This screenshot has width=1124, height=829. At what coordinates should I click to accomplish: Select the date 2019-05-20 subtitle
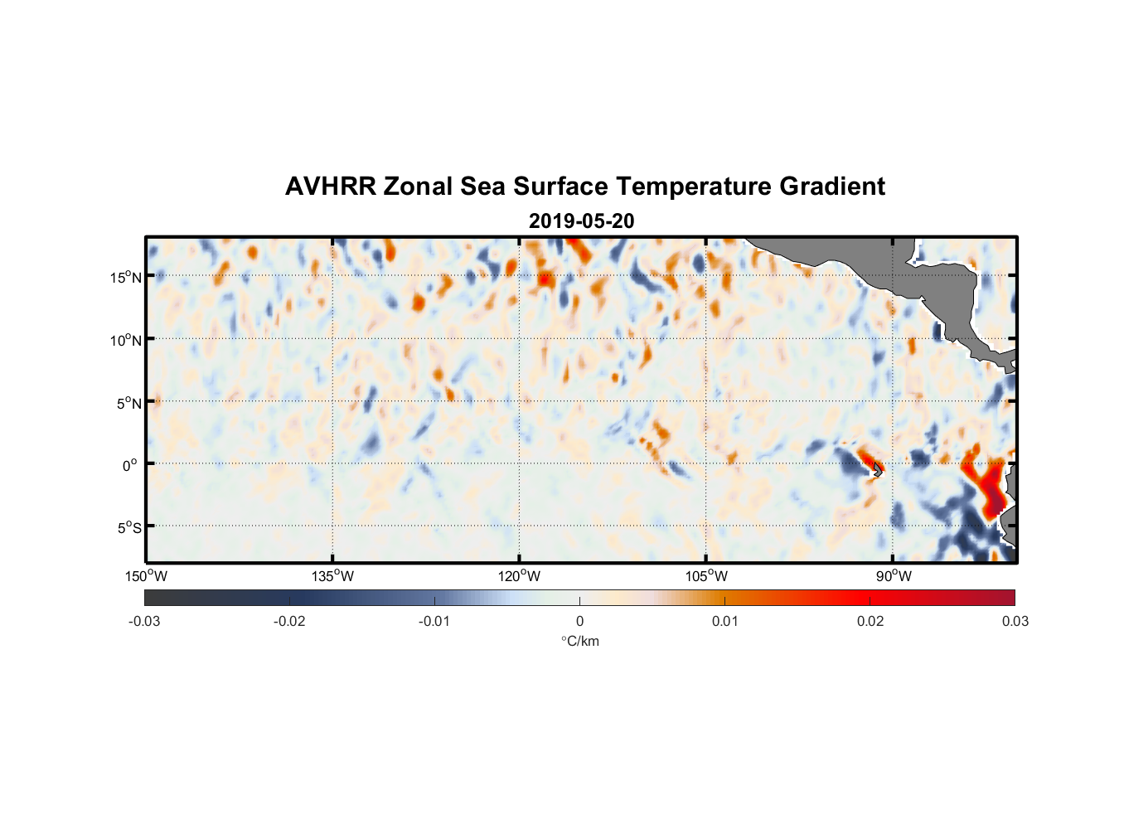581,221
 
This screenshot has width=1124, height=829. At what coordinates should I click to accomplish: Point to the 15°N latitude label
126,277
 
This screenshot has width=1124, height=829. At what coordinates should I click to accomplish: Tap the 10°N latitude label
126,340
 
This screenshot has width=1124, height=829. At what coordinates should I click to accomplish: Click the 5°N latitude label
128,403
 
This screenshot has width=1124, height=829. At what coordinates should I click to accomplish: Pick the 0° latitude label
131,465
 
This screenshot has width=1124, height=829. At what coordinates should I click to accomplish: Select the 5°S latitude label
128,527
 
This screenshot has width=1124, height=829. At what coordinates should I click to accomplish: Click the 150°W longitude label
146,576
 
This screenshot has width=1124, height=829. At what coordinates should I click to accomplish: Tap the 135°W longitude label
332,576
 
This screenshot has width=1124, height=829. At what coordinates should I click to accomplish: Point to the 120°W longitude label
520,576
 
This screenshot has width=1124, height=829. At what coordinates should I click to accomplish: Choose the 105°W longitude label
706,576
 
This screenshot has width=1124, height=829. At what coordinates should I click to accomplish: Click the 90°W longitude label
894,576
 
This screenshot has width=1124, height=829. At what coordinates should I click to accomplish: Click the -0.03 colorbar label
144,621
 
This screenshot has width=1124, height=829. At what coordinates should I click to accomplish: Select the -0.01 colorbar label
434,621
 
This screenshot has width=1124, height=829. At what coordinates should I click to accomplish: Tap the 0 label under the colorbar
579,621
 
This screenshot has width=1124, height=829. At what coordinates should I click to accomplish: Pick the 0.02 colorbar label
870,621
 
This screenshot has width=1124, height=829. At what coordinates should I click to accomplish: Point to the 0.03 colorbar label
1015,621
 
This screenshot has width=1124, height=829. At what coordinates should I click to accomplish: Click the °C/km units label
579,641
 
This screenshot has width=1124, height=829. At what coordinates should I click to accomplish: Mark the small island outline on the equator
878,469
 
